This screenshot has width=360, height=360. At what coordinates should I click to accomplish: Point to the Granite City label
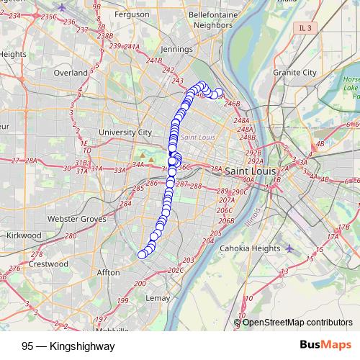click(x=295, y=73)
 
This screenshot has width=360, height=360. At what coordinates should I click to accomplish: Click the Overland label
click(x=70, y=73)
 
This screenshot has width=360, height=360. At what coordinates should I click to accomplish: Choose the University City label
click(x=125, y=132)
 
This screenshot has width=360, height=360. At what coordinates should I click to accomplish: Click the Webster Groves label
click(x=76, y=218)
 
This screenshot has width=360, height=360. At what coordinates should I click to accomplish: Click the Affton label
click(x=108, y=273)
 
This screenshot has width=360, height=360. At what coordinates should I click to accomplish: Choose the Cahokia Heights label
click(x=249, y=248)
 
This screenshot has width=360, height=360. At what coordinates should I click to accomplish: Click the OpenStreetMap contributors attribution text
click(x=297, y=323)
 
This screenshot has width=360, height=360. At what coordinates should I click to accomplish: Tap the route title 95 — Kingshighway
click(x=68, y=346)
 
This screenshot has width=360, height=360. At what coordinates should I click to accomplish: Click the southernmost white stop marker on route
click(x=142, y=254)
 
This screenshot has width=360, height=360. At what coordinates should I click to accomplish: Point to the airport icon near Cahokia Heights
click(x=290, y=248)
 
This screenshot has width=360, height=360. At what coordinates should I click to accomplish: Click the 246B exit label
click(x=232, y=104)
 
